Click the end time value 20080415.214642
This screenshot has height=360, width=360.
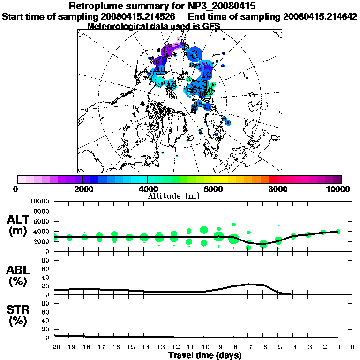320,16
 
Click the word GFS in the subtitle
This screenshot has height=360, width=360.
210,26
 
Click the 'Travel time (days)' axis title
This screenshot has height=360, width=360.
205,355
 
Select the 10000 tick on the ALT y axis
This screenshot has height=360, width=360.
40,201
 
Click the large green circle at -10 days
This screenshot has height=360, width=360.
204,230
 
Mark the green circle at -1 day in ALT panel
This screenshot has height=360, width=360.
338,231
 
